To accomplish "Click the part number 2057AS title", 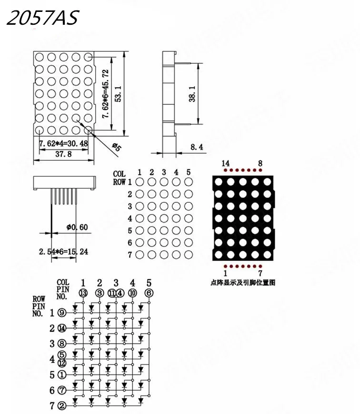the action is [41, 19].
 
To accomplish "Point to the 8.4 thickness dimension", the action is [196, 148].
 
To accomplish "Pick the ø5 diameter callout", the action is [116, 147].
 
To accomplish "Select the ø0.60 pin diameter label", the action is [77, 227].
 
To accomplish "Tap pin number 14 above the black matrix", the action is [226, 164].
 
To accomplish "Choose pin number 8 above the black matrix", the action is [260, 164].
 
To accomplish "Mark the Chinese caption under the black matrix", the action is [242, 283].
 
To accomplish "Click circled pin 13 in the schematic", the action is [83, 293].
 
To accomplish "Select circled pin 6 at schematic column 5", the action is [149, 293].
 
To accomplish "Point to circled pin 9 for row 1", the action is [62, 313].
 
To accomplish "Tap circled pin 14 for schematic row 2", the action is [62, 328].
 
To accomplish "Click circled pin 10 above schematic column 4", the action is [132, 293].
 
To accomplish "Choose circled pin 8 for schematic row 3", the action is [62, 344].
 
